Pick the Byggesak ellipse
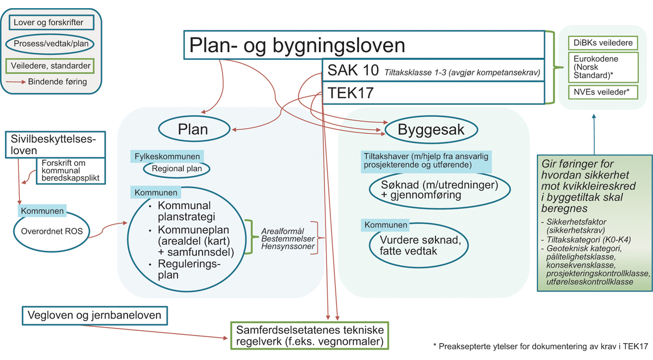coord(432,130)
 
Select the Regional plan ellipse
coord(177,169)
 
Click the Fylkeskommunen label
coord(167,156)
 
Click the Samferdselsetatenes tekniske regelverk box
coord(309,336)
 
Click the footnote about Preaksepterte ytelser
coord(540,346)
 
